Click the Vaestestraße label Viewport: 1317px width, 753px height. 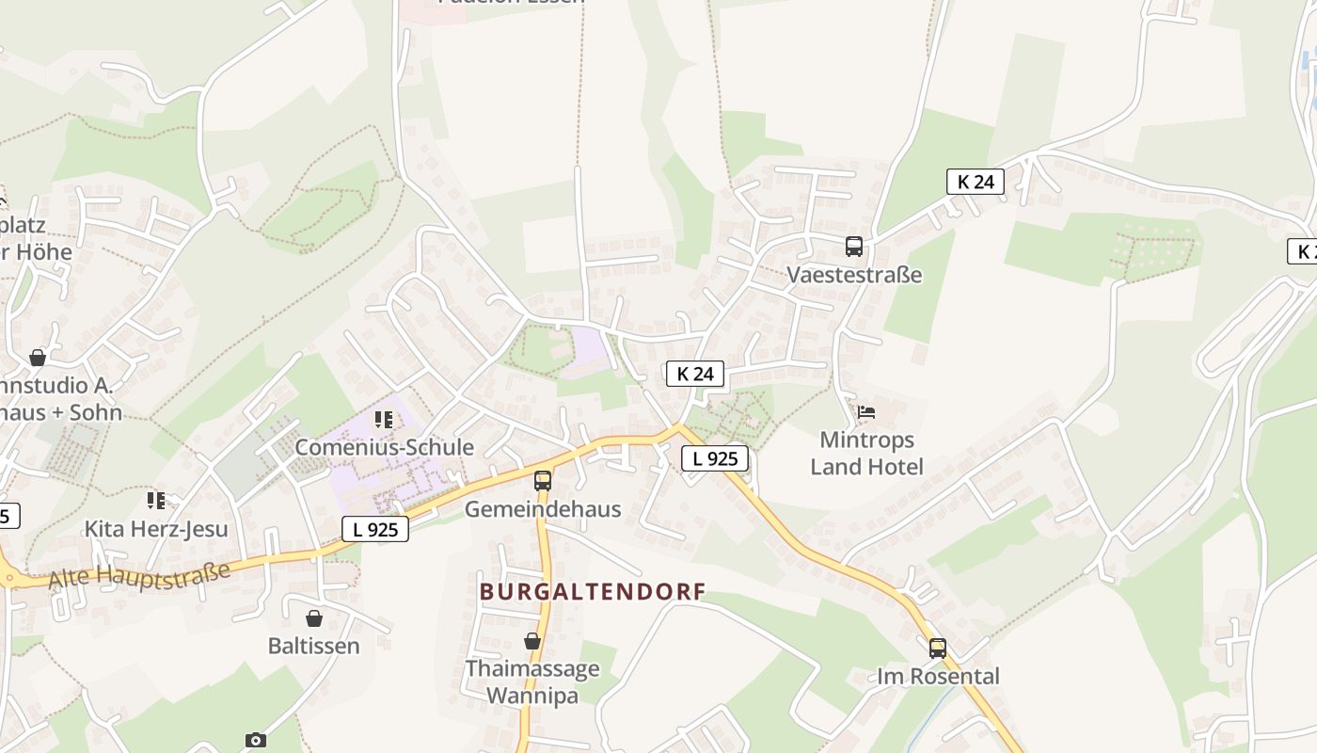pyautogui.click(x=854, y=275)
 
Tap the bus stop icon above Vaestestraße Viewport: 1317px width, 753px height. pyautogui.click(x=854, y=247)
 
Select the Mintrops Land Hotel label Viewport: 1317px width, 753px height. pyautogui.click(x=866, y=453)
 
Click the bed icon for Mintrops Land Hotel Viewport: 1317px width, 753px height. pyautogui.click(x=866, y=412)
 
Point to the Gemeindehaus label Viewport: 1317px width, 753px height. pyautogui.click(x=543, y=509)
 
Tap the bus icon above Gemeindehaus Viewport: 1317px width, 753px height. pyautogui.click(x=543, y=481)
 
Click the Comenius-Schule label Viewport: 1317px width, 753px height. pyautogui.click(x=384, y=447)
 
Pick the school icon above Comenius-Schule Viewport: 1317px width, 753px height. pyautogui.click(x=384, y=419)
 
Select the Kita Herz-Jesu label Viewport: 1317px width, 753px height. pyautogui.click(x=156, y=529)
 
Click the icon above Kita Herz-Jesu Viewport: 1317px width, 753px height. pyautogui.click(x=156, y=500)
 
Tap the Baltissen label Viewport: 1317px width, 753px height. pyautogui.click(x=314, y=646)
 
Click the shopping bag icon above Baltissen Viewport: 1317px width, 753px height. pyautogui.click(x=314, y=618)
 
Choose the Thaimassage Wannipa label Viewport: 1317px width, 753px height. pyautogui.click(x=532, y=682)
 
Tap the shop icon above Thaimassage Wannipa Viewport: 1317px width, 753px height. pyautogui.click(x=532, y=642)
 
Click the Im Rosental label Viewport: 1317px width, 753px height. pyautogui.click(x=938, y=676)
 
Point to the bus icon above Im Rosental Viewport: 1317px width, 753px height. pyautogui.click(x=938, y=649)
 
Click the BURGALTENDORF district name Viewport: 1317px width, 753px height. pyautogui.click(x=593, y=592)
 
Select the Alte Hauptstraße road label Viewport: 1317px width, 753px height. pyautogui.click(x=138, y=575)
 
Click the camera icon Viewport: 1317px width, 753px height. pyautogui.click(x=256, y=741)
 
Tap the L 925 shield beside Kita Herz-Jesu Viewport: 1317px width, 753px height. pyautogui.click(x=375, y=529)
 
